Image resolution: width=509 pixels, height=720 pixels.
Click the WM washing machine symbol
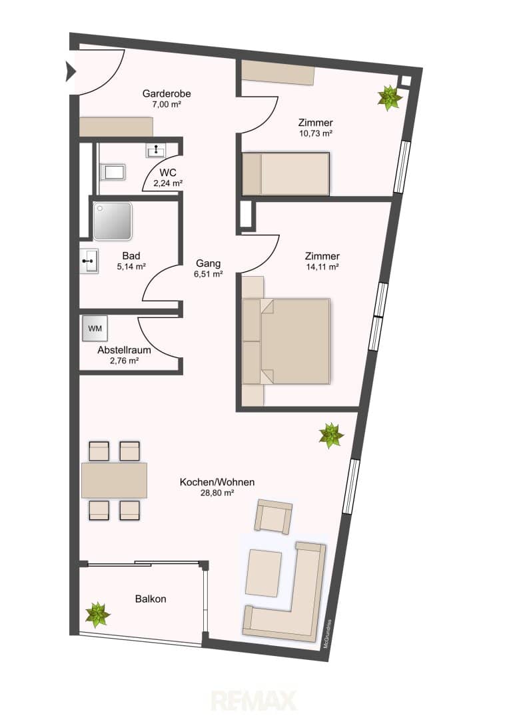point(95,328)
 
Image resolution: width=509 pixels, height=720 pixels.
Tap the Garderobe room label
point(167,94)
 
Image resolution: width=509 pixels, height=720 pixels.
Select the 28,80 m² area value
point(218,493)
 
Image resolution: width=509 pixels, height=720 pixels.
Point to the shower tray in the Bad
point(113,221)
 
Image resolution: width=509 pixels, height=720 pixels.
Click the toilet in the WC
point(113,172)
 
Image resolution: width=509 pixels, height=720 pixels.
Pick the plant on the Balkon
point(98,615)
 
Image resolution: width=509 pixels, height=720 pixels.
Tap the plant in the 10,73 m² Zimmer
point(390,98)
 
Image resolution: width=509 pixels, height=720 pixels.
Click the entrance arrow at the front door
point(71,71)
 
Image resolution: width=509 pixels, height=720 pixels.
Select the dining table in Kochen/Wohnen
point(115,480)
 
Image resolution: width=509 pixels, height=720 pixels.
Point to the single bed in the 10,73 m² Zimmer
point(286,174)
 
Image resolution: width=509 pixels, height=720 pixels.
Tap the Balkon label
point(151,599)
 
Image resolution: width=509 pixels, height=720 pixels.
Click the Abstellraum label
point(124,350)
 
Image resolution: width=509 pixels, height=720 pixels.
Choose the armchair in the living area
point(274,516)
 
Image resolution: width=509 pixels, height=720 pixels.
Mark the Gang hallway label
point(209,263)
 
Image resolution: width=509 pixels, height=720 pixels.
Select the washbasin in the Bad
point(89,261)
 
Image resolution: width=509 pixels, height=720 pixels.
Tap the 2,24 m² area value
point(168,183)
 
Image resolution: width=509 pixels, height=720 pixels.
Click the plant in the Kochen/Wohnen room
point(331,436)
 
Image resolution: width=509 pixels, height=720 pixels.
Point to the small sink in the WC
point(157,150)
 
